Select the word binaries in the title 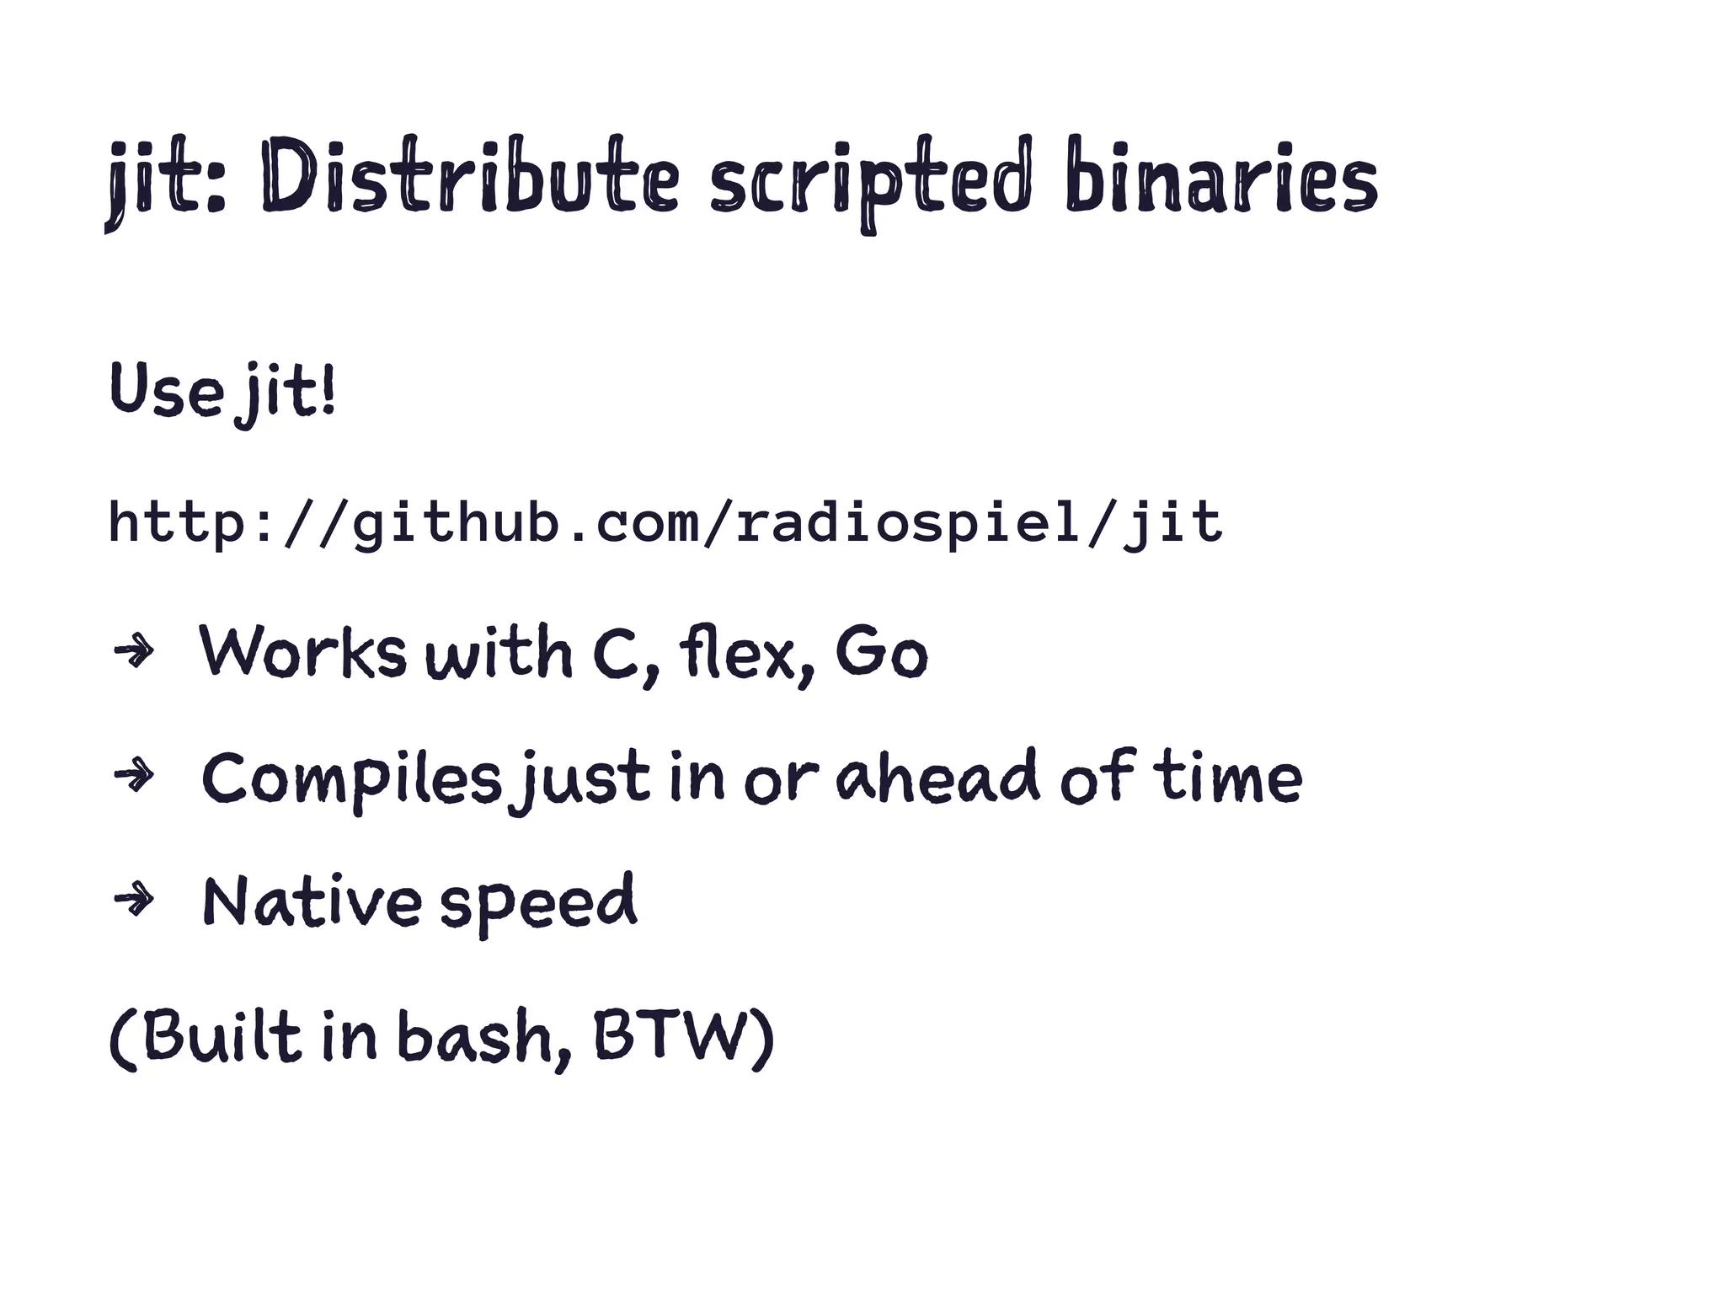point(1220,179)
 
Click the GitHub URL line point(665,522)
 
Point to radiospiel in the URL point(906,522)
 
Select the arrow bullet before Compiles point(133,776)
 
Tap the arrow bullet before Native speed point(133,901)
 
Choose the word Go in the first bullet point(881,653)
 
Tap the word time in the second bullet point(1230,777)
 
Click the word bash point(480,1035)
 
